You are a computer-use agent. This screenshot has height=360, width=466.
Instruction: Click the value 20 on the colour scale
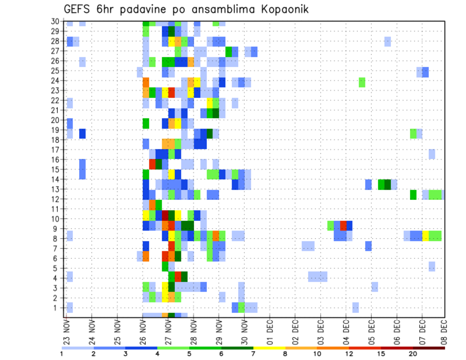(413, 354)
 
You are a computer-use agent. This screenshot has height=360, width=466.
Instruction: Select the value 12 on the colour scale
(349, 354)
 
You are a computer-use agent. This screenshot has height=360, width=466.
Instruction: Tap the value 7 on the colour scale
(253, 354)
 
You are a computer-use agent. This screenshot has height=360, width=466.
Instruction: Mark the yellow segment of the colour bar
(269, 347)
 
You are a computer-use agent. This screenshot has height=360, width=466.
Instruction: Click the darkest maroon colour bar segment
(429, 347)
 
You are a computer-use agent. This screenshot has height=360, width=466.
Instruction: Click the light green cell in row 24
(362, 82)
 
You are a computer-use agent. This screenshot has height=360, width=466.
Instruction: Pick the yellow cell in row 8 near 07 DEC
(425, 236)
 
